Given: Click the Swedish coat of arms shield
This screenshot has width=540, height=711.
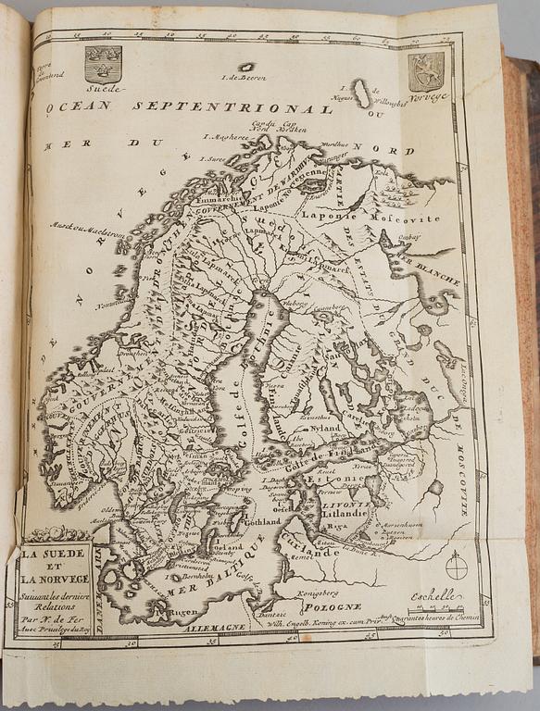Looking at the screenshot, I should click(102, 62).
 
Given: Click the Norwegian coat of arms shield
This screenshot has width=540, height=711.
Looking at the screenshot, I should click(426, 70).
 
